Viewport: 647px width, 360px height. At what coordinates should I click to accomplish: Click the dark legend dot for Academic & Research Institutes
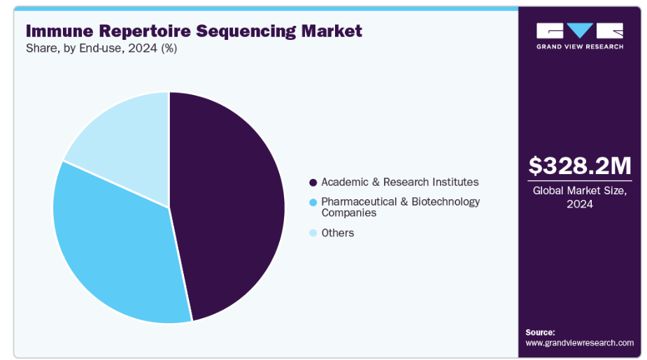point(313,182)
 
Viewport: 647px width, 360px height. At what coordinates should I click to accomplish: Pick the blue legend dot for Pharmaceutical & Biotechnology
point(313,202)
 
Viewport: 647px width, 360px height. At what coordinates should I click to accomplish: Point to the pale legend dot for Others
point(313,233)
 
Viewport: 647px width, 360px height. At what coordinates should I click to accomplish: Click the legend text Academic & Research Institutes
point(399,182)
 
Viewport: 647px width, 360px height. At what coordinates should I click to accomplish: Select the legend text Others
point(337,233)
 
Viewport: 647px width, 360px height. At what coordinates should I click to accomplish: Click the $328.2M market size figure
point(579,166)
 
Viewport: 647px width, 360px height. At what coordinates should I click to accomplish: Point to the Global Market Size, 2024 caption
point(579,196)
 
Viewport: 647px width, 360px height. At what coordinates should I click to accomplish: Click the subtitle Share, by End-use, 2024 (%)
point(101,48)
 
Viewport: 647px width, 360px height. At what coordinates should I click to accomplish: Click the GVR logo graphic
point(579,31)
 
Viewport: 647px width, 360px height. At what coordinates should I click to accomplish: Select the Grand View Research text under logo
point(579,47)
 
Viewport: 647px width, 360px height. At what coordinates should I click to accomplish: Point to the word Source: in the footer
point(540,332)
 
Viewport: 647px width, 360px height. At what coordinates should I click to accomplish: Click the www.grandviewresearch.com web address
point(579,343)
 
